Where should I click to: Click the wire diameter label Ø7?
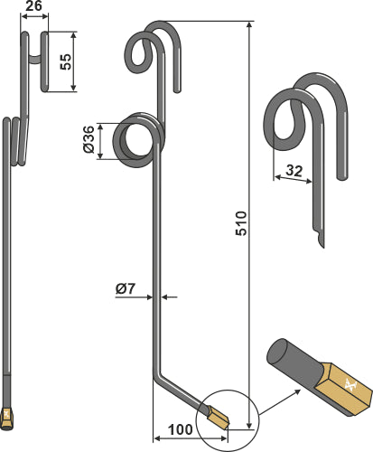[x=126, y=289]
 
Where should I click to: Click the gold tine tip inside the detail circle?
[x=219, y=418]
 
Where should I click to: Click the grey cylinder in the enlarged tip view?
[x=290, y=357]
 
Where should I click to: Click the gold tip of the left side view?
[x=9, y=418]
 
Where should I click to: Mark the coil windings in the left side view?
[x=15, y=140]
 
